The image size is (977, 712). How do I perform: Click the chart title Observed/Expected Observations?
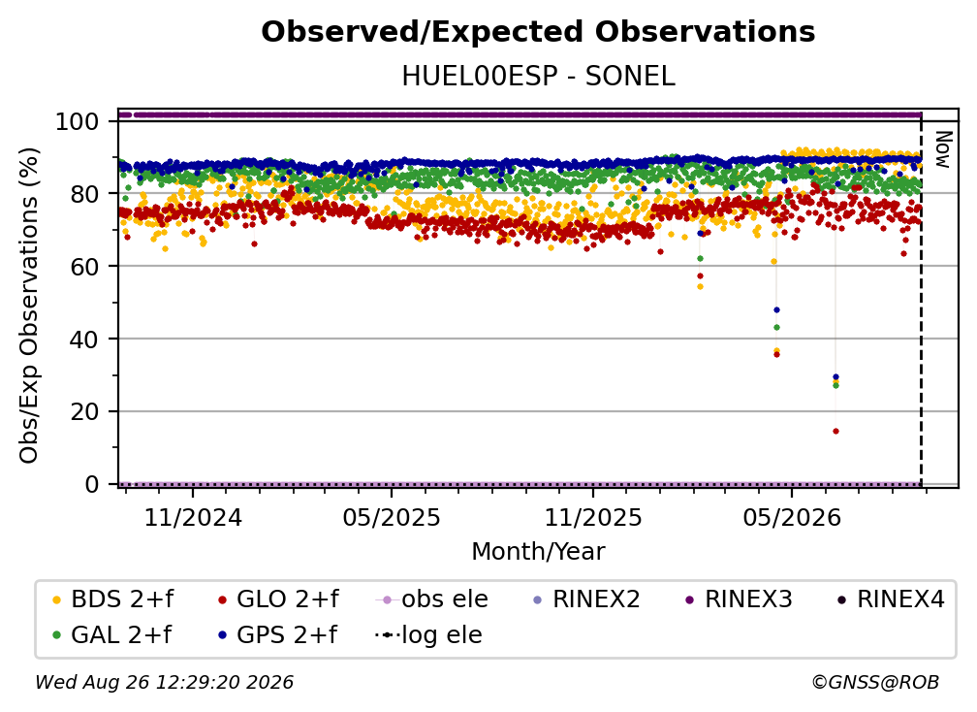coord(538,32)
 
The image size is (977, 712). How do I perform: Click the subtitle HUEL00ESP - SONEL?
coord(538,76)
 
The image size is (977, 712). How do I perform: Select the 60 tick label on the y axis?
coord(84,266)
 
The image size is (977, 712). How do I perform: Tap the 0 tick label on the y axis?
coord(91,484)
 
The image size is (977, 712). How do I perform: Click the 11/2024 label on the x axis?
coord(193,517)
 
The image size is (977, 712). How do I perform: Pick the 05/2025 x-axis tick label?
coord(392,517)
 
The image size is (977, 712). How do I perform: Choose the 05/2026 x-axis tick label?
coord(792,517)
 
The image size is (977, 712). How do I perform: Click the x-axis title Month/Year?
coord(538,551)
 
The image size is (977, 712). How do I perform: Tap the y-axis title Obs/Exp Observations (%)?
coord(29,306)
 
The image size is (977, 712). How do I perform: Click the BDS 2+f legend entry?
coord(112,599)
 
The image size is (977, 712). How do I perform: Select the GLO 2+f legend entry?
coord(278,599)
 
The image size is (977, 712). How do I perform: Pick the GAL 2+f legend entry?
coord(111,634)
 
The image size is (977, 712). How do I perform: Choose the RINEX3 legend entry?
coord(739,599)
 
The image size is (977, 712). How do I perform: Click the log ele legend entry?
coord(428,634)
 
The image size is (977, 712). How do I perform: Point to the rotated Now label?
coord(943,149)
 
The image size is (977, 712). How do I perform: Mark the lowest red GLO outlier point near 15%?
coord(835,431)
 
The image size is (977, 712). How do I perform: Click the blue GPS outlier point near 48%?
coord(776,309)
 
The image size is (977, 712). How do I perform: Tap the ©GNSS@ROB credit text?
coord(875,682)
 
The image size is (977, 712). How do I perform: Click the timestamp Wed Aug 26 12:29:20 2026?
coord(164,682)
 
